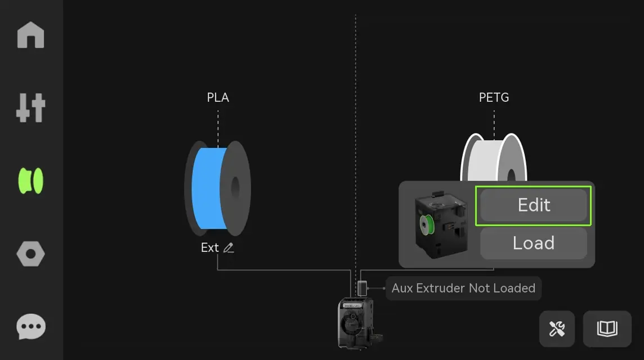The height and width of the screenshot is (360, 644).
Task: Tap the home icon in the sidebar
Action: [x=31, y=35]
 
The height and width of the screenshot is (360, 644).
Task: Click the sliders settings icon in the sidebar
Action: [x=31, y=107]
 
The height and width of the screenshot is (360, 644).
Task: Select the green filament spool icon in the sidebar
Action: [x=31, y=181]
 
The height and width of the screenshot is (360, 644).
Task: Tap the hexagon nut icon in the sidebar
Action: [x=31, y=254]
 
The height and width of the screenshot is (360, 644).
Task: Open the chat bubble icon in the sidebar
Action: [x=31, y=327]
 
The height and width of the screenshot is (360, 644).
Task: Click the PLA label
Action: [x=218, y=97]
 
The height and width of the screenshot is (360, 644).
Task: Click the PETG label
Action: [x=494, y=97]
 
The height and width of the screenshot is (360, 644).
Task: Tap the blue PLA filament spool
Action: [x=218, y=188]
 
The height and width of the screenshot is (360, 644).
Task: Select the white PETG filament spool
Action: [x=494, y=157]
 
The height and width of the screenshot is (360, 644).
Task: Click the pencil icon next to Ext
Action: [x=229, y=247]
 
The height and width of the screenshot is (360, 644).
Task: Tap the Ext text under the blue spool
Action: [x=209, y=247]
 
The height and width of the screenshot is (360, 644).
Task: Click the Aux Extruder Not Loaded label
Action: [x=463, y=288]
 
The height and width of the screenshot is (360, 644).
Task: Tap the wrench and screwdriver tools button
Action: [x=557, y=329]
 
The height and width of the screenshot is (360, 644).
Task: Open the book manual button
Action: [x=607, y=329]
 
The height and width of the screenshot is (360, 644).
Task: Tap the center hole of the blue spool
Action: [x=235, y=188]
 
